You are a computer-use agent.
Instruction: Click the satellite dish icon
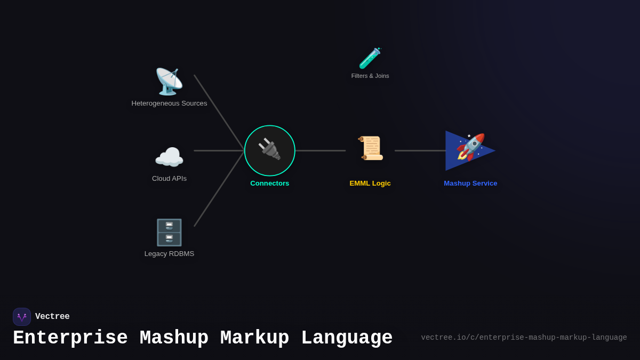point(169,82)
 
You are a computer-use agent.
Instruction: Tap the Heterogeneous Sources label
point(169,103)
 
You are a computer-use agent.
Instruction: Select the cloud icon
point(169,158)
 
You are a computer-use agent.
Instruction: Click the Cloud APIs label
point(169,179)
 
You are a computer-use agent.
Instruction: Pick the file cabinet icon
point(169,233)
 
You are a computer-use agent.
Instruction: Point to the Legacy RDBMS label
point(169,254)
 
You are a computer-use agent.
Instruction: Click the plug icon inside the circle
point(269,150)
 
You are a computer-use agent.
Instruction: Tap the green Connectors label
point(269,183)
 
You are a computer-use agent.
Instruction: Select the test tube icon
point(370,58)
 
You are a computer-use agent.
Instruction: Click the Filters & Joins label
point(370,76)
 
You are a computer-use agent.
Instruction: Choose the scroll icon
point(370,148)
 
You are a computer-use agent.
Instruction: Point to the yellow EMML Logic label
point(370,183)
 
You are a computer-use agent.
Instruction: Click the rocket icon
point(470,147)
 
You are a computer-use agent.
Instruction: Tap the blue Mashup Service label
point(470,183)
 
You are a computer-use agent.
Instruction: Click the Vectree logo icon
point(22,317)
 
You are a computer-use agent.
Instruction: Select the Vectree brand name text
point(52,317)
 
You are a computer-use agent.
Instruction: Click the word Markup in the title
point(254,338)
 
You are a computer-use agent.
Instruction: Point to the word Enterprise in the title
point(70,338)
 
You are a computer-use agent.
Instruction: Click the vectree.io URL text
point(524,338)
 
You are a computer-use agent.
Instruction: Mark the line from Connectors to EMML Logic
point(320,151)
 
